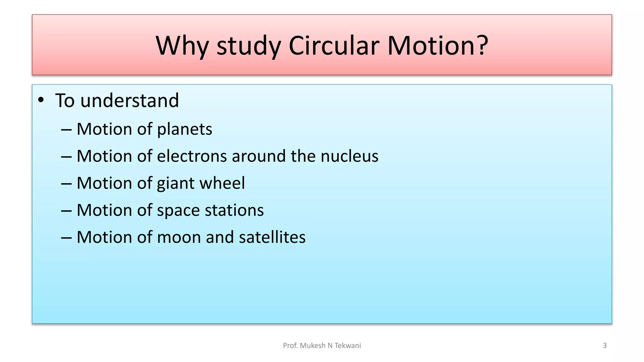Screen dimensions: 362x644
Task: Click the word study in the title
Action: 249,46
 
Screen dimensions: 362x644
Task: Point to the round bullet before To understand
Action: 41,100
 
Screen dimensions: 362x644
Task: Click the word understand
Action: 130,101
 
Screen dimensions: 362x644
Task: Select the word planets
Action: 185,129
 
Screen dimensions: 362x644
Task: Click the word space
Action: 178,211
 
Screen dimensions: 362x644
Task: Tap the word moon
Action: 178,237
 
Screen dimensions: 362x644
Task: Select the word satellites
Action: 272,237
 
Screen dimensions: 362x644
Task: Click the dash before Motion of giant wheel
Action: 66,184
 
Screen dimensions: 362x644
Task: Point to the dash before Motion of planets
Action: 66,129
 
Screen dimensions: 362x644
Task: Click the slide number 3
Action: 604,346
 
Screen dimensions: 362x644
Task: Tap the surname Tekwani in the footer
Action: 347,346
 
